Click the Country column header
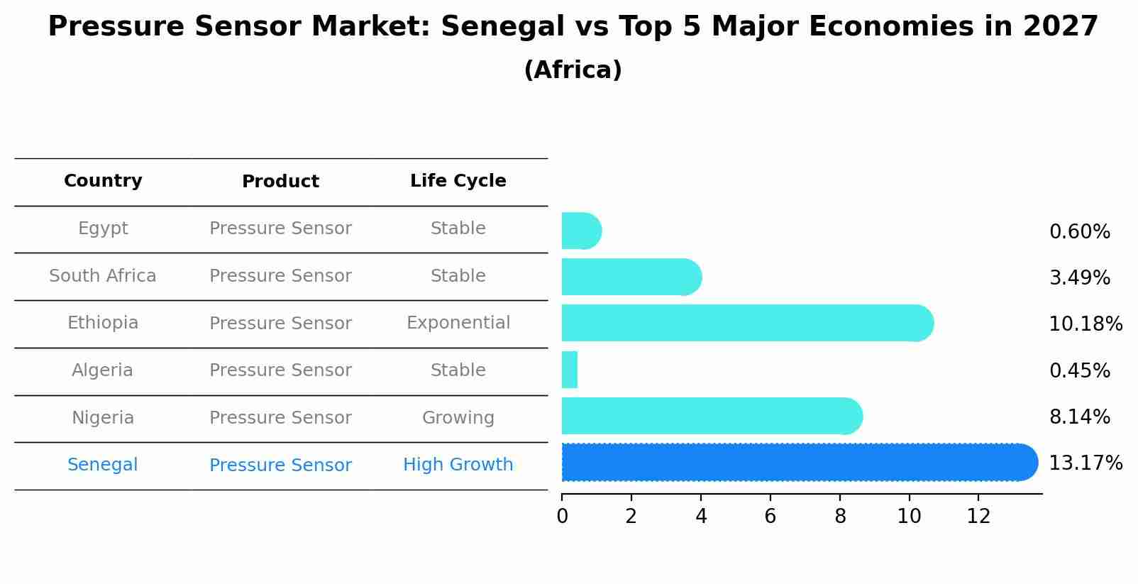point(103,181)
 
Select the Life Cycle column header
point(458,181)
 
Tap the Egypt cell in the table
point(103,228)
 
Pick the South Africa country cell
point(103,276)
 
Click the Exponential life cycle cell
point(458,323)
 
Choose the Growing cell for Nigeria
point(458,418)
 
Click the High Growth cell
point(458,465)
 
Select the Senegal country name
point(103,465)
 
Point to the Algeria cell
point(103,370)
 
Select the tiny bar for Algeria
point(570,370)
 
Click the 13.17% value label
point(1085,463)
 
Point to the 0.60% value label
point(1079,232)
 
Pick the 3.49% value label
point(1079,278)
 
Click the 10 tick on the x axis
point(909,517)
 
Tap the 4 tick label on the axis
point(701,517)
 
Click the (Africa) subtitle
point(573,70)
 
